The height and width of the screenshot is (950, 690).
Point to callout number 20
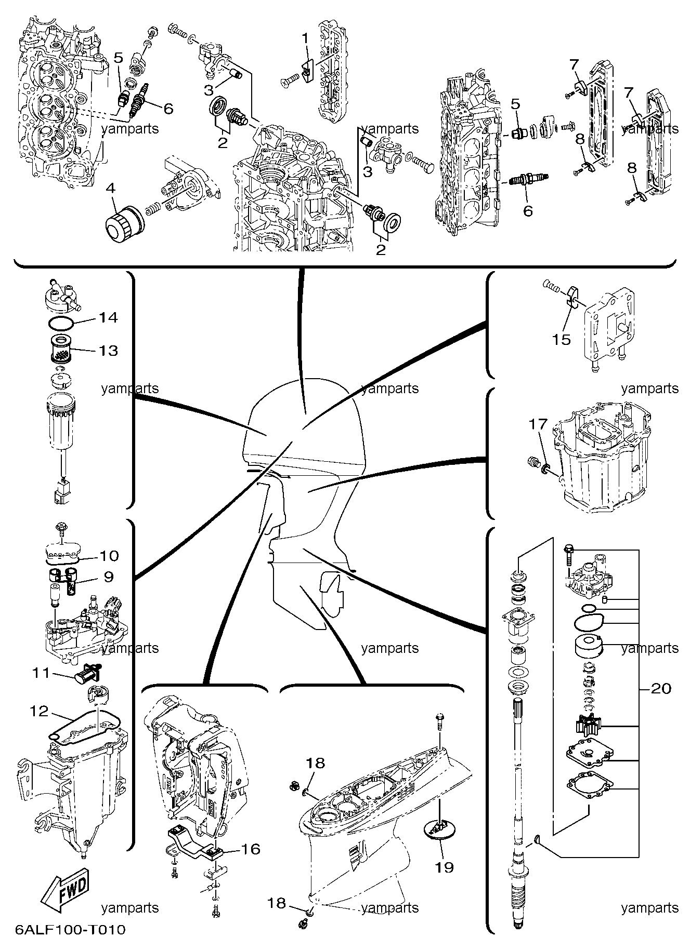(661, 689)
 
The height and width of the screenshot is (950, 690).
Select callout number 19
(445, 867)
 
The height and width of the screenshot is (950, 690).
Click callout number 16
(250, 849)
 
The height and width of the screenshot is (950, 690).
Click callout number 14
(108, 317)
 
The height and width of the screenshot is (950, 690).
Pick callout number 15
(562, 340)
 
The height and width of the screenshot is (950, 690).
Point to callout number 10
(109, 556)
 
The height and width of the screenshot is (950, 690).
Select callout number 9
(108, 577)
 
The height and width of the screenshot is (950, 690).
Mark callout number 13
(109, 351)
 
